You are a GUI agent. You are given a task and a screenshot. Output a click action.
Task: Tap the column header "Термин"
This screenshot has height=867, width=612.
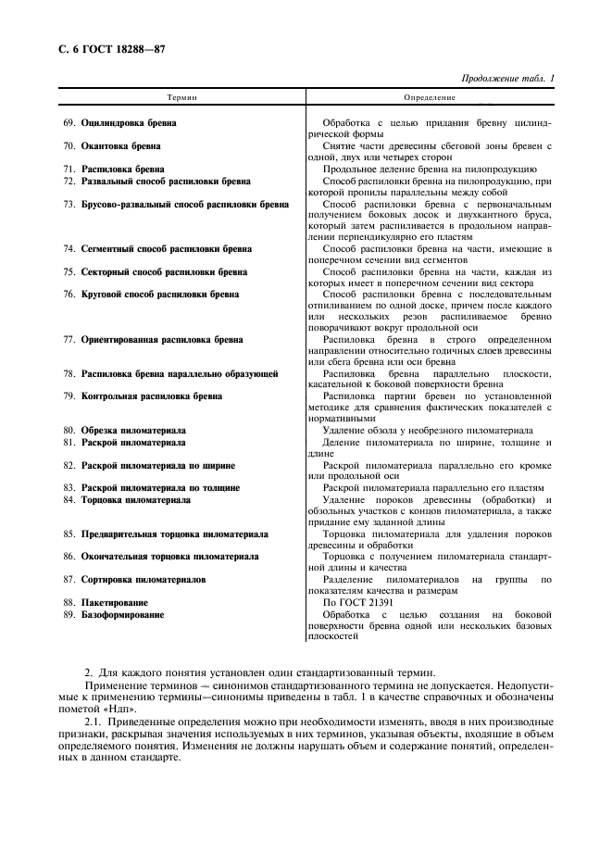pos(181,96)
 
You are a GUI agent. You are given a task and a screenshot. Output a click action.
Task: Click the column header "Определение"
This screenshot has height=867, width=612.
pos(430,96)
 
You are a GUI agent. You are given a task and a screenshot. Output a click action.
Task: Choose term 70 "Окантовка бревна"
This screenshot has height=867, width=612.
pos(121,146)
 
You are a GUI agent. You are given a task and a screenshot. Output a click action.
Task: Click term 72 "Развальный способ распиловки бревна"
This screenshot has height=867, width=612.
pos(165,182)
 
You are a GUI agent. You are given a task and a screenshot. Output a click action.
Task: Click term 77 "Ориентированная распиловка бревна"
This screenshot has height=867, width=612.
pos(162,340)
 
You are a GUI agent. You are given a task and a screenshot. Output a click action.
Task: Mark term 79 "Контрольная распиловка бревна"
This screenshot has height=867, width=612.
pos(152,396)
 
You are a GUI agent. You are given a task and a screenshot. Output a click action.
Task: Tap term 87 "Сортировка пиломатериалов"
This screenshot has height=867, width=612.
pos(144,579)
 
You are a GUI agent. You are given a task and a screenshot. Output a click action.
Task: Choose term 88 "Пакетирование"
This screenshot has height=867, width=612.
pos(115,602)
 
